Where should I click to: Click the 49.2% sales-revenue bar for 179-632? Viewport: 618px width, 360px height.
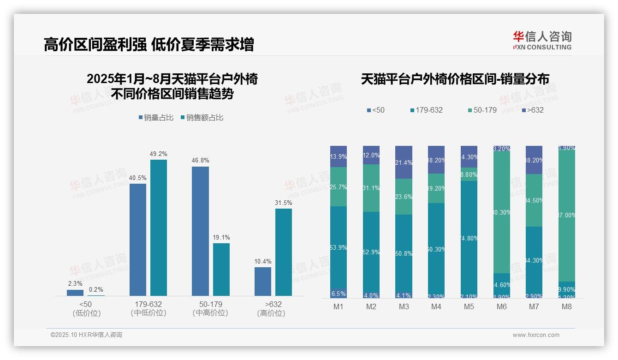(158, 228)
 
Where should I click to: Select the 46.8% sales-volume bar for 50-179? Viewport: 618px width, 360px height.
(200, 231)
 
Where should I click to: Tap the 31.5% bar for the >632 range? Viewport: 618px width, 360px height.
(284, 252)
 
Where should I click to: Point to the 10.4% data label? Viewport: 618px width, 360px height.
(263, 262)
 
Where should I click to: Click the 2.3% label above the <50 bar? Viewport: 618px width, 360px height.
(75, 284)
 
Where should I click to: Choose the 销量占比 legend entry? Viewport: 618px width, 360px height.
(156, 118)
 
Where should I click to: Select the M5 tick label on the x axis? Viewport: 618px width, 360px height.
(469, 306)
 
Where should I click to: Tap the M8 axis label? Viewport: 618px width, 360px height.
(567, 306)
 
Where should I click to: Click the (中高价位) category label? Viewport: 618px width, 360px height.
(210, 313)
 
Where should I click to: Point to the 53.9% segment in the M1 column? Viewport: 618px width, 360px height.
(339, 247)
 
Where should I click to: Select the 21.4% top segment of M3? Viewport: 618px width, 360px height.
(404, 162)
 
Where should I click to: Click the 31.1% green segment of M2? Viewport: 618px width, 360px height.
(371, 188)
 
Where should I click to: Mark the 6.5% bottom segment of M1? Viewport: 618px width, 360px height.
(339, 294)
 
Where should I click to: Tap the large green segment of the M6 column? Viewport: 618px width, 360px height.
(502, 212)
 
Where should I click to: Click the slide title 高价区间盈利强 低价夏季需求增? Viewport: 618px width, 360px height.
(149, 45)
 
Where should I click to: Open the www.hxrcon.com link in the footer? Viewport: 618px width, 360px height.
(535, 335)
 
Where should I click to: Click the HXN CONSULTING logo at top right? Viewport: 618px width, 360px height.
(542, 40)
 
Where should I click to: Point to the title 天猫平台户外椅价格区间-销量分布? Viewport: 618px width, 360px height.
(455, 79)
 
